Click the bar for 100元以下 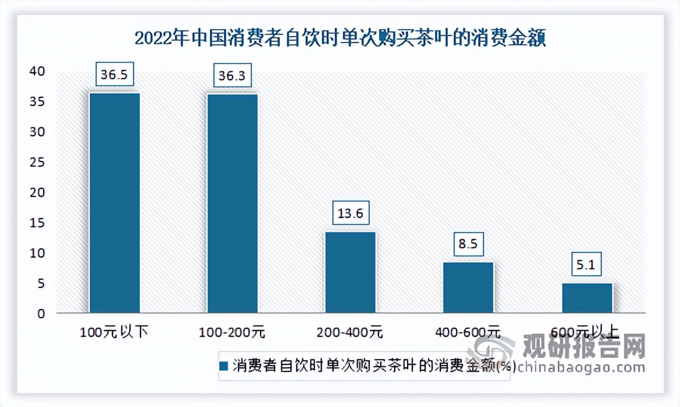point(114,202)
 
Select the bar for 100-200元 point(233,203)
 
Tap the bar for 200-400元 point(350,272)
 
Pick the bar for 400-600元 point(468,287)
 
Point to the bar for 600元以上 point(587,298)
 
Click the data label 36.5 point(114,75)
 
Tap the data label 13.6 point(350,213)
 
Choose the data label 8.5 point(468,244)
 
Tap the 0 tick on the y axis point(41,314)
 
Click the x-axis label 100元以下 point(114,333)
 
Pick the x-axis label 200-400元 point(350,333)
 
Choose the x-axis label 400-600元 point(468,333)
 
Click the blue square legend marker point(225,366)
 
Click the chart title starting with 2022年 point(340,39)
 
